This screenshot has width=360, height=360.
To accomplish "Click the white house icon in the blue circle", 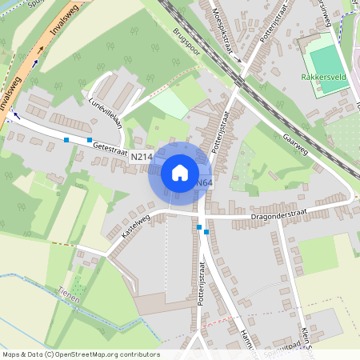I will [x=179, y=172].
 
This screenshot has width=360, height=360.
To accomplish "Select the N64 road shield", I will [x=204, y=183].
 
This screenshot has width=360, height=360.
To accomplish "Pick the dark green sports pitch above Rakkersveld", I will [x=325, y=58].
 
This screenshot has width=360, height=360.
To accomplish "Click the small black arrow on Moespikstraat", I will [x=237, y=58].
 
